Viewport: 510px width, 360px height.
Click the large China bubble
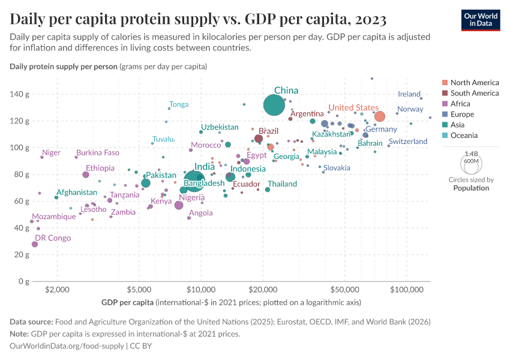click(274, 105)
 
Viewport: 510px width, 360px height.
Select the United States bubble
click(379, 116)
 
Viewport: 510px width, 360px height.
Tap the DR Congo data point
click(35, 244)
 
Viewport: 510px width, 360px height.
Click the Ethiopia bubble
click(86, 175)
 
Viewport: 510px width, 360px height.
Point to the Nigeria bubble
click(179, 205)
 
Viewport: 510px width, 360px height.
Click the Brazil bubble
click(259, 139)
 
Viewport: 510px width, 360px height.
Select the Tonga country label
click(179, 104)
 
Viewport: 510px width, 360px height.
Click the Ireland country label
click(409, 94)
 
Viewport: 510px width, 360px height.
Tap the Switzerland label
click(408, 142)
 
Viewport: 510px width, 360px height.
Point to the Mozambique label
click(54, 217)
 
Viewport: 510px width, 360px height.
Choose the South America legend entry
click(474, 93)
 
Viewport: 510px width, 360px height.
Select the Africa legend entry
click(460, 104)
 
